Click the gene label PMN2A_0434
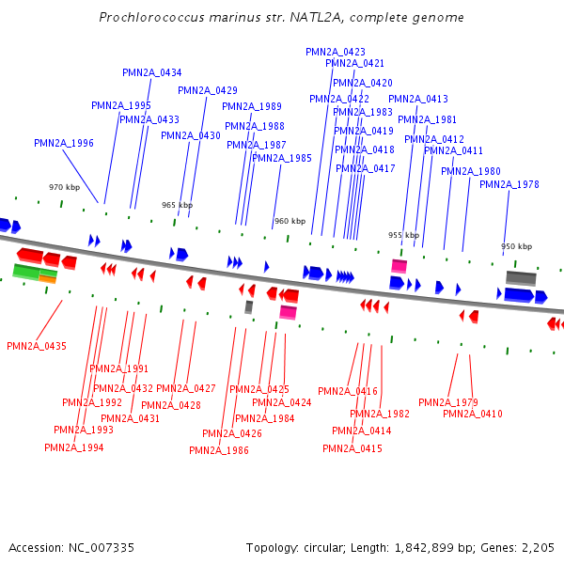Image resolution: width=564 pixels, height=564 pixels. [x=152, y=72]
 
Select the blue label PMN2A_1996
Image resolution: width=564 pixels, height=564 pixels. [x=64, y=143]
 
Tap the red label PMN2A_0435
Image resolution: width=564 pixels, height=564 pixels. [x=37, y=346]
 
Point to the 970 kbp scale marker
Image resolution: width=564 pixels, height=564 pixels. [x=65, y=187]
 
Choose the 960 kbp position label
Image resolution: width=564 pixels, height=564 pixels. [x=290, y=221]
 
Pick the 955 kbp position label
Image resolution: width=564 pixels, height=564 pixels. [x=403, y=235]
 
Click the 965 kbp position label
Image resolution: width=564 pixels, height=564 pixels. [x=177, y=205]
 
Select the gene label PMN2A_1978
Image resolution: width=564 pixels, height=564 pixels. [x=509, y=184]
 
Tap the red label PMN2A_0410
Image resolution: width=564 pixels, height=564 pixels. [x=473, y=414]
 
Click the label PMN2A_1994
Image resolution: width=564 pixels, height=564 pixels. [x=74, y=447]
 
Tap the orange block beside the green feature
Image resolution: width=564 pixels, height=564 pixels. [x=48, y=279]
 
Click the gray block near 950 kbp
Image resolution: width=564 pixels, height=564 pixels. [x=521, y=278]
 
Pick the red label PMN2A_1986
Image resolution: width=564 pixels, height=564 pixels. [x=219, y=450]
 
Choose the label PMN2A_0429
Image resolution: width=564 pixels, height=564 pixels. [x=208, y=90]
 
